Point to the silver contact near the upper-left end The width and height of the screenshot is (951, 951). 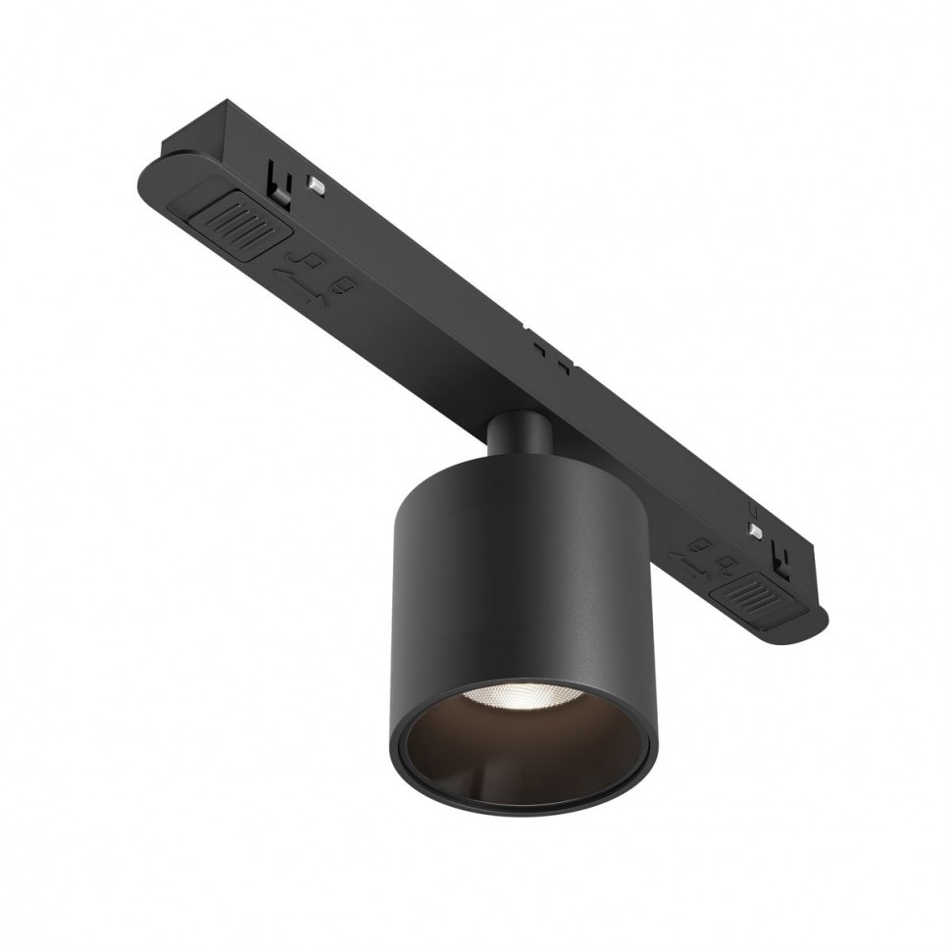coord(317,181)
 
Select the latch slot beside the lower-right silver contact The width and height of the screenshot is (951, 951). coord(782,556)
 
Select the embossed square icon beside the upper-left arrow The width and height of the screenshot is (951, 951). coord(345,288)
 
